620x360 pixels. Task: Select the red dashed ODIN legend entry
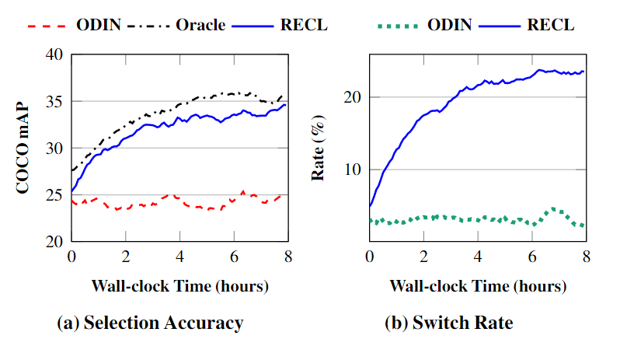tap(98, 24)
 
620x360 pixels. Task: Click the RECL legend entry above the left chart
tap(304, 24)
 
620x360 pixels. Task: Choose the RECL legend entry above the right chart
tap(550, 24)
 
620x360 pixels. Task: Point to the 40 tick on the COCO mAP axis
tap(57, 54)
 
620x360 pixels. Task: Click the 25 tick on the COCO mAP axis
tap(57, 194)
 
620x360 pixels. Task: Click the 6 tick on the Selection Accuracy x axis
tap(234, 257)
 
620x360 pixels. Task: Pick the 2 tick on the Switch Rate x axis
tap(423, 257)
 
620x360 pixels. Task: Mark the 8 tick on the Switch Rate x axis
tap(585, 257)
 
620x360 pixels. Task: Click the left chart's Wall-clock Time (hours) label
tap(179, 285)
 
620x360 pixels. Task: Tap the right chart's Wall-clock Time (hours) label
tap(477, 285)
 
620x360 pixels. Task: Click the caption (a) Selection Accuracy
tap(150, 323)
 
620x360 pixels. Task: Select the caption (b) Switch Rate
tap(448, 323)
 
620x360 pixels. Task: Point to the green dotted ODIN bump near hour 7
tap(552, 210)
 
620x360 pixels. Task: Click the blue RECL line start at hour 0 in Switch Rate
tap(371, 206)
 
